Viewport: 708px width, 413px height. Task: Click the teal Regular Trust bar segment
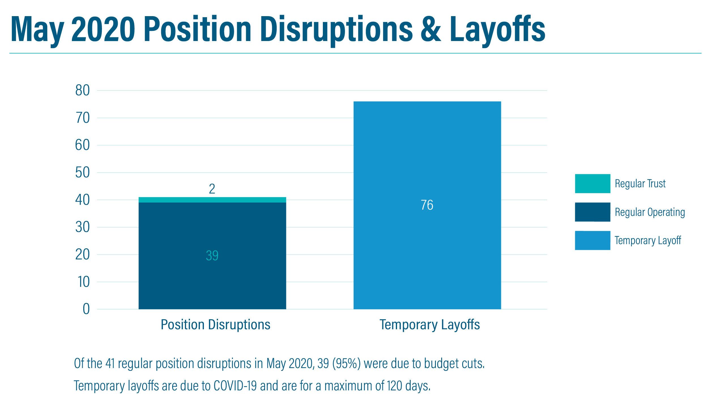212,200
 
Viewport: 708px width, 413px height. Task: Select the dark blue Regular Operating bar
212,256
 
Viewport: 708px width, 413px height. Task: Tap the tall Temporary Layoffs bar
427,205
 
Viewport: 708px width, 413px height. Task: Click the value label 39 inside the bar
212,255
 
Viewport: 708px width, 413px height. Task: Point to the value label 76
427,205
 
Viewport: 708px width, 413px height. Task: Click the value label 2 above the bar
212,189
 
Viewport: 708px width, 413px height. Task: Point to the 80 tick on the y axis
82,91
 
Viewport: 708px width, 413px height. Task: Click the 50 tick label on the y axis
82,173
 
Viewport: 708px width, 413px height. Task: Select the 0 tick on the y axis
86,309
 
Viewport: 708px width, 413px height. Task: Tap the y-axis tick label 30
82,227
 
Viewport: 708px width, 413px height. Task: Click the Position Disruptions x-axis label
216,325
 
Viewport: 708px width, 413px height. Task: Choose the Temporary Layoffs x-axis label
430,325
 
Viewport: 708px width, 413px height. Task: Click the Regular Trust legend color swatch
592,184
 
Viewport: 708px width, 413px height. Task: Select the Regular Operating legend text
650,212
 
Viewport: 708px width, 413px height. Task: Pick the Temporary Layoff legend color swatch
592,240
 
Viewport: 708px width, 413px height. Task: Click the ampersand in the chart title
431,29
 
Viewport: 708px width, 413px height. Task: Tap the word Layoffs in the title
497,31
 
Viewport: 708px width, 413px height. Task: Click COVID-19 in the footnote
235,386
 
